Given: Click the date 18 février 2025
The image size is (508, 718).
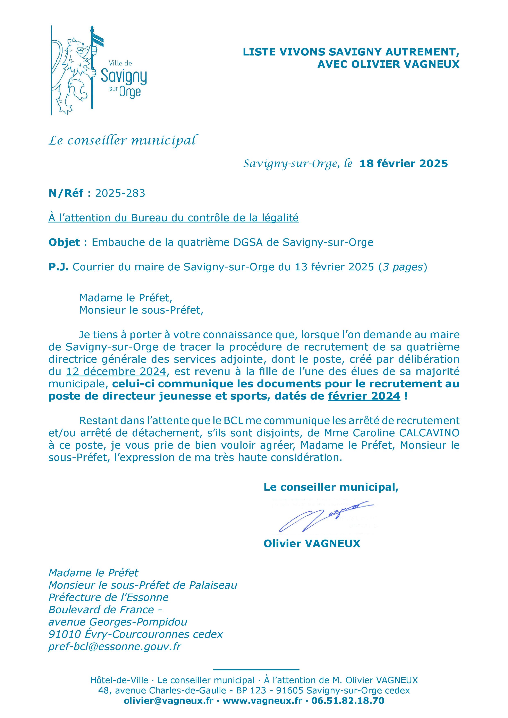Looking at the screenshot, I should point(404,164).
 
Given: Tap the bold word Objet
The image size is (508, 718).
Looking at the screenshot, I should point(64,242).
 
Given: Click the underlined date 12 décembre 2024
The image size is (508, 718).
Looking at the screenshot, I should point(116,371).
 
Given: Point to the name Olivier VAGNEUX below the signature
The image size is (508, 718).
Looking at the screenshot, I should point(312,543).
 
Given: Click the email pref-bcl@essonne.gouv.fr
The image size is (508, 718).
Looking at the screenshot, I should point(115,646).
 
